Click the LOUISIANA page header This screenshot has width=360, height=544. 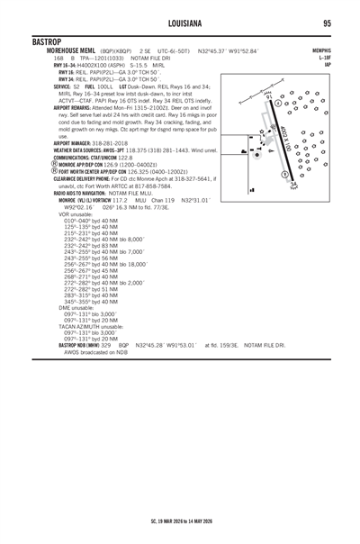179,23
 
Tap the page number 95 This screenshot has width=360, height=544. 327,23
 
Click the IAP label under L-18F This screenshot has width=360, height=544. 328,64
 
